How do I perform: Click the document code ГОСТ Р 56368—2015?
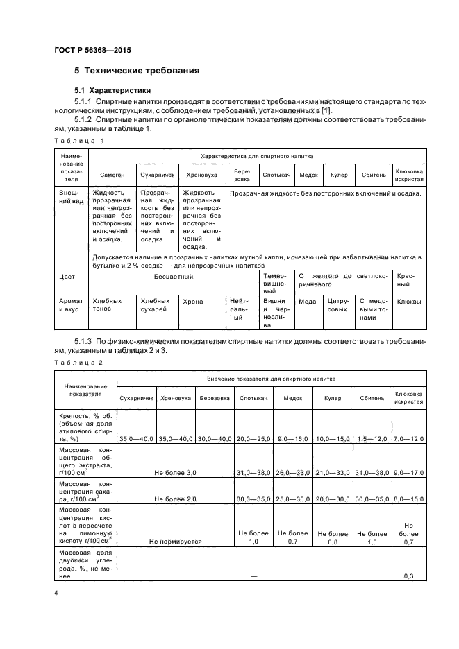92,51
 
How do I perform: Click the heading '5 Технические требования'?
137,71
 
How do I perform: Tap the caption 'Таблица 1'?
78,140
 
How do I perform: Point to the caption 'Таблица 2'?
78,363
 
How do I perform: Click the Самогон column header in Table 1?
112,175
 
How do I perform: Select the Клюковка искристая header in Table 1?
409,174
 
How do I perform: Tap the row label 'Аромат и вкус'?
71,305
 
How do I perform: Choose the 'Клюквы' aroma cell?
407,302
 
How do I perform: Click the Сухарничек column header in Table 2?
136,399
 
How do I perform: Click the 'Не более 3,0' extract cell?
176,471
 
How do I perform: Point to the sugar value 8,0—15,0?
409,499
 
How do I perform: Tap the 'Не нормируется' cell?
176,540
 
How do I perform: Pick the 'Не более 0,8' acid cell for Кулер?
332,537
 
